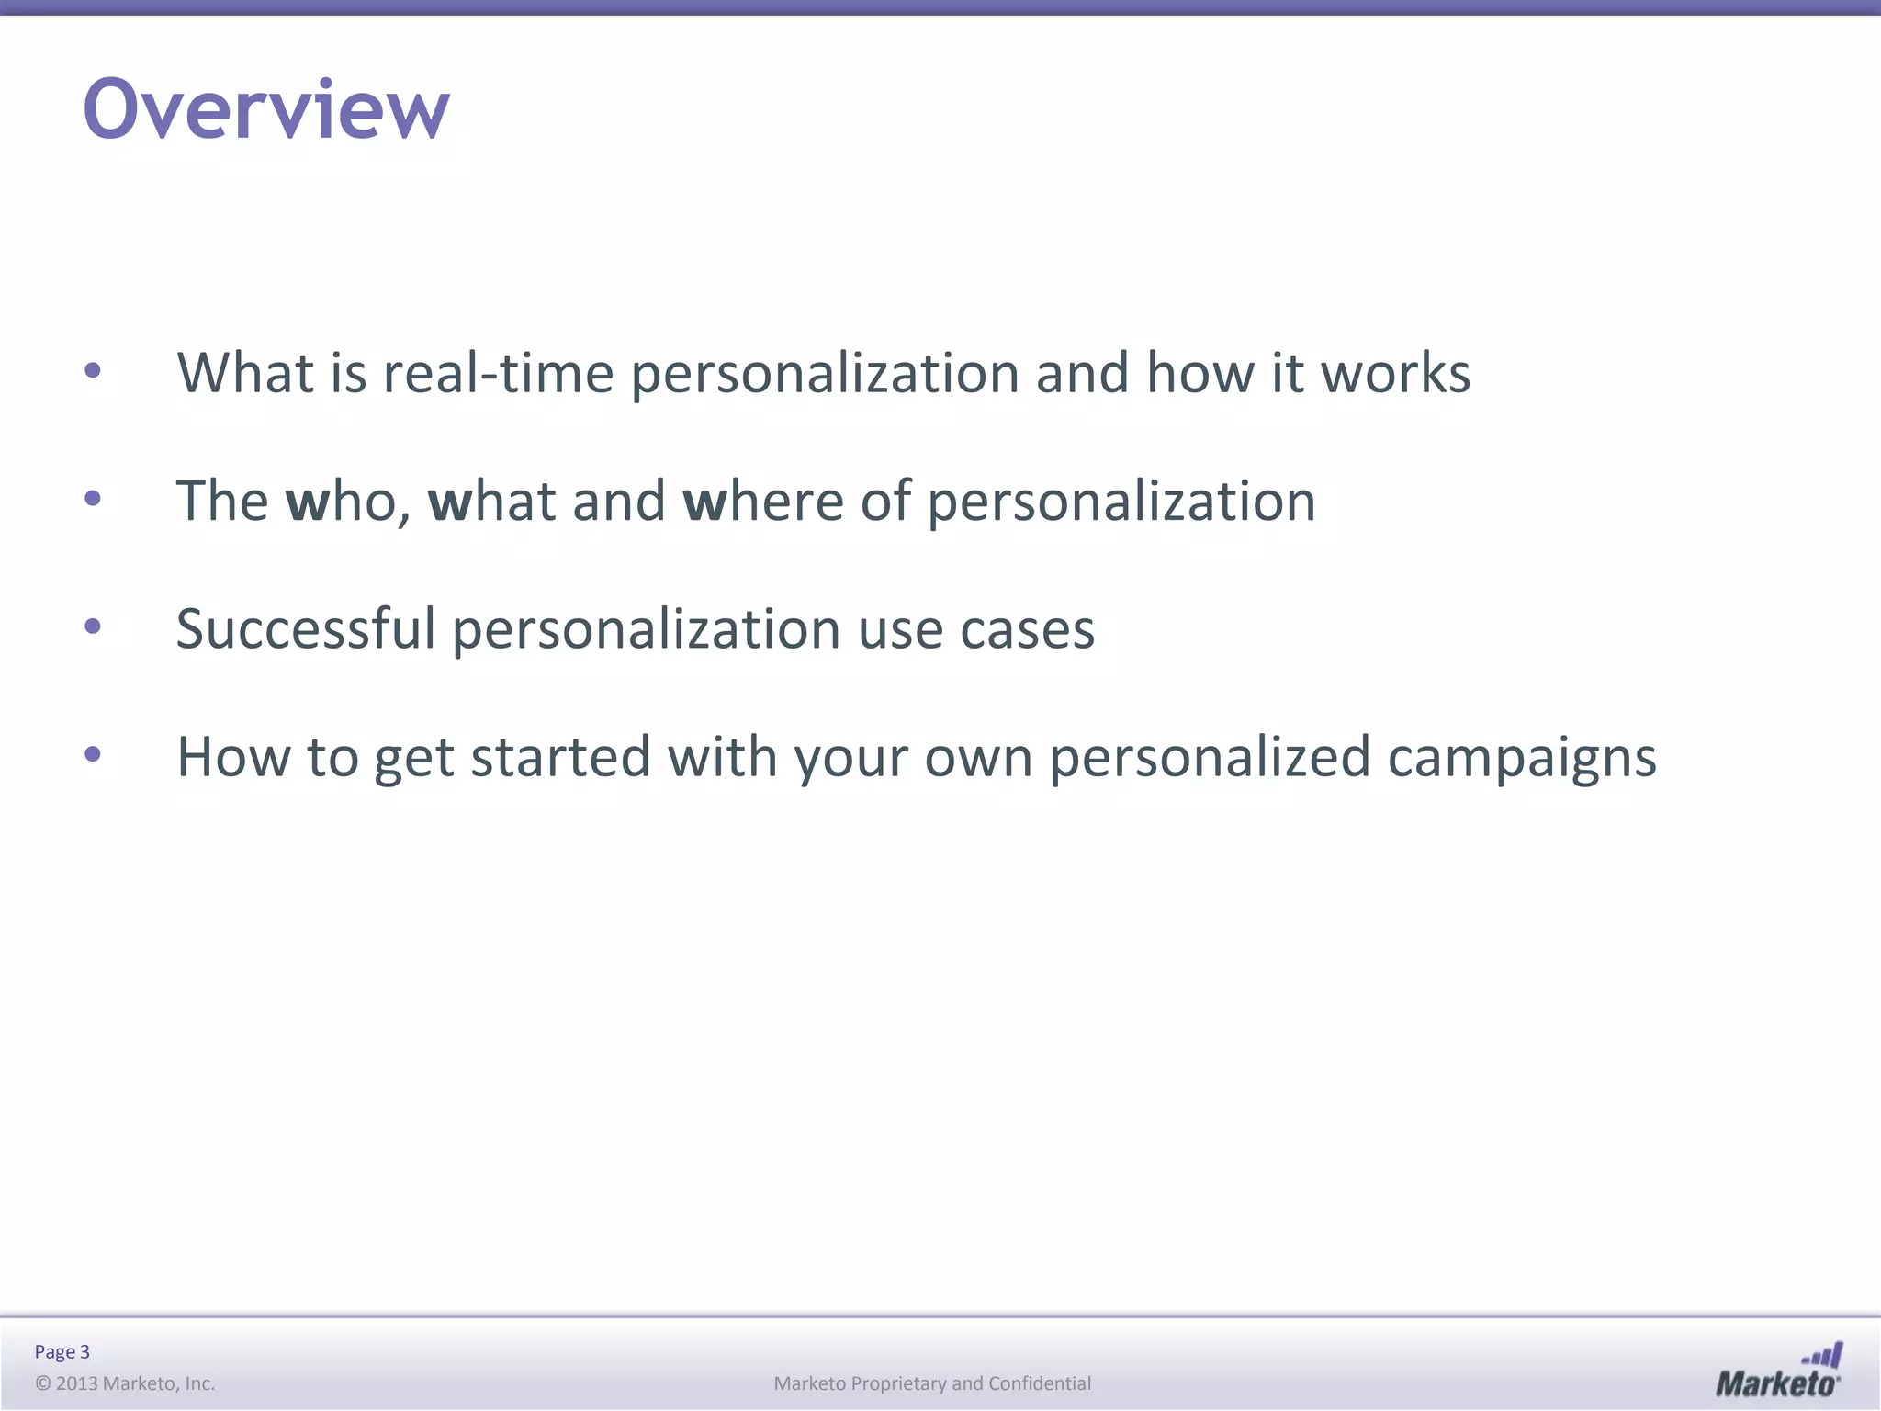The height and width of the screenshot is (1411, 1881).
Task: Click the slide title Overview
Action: point(266,109)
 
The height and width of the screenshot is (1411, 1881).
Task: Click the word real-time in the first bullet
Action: point(498,374)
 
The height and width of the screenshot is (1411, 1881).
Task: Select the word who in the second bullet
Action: point(341,502)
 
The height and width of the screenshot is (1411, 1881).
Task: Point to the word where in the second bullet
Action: point(763,502)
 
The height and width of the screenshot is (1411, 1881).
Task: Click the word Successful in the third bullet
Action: point(305,629)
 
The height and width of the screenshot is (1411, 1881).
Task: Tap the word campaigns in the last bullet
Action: point(1522,758)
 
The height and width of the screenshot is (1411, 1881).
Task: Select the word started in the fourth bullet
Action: point(560,758)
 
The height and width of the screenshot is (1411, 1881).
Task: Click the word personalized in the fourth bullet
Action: point(1210,758)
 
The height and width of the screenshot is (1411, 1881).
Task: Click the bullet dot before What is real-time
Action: point(93,371)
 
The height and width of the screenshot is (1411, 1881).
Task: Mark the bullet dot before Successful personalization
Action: point(93,626)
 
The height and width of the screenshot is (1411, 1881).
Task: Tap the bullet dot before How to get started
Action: point(93,755)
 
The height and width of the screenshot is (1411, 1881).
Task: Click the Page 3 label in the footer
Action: point(62,1351)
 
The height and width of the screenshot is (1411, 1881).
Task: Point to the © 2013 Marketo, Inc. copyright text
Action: point(125,1383)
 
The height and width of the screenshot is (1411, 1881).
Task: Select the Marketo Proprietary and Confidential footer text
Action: point(932,1383)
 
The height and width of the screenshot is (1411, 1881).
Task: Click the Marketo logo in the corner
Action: point(1778,1371)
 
